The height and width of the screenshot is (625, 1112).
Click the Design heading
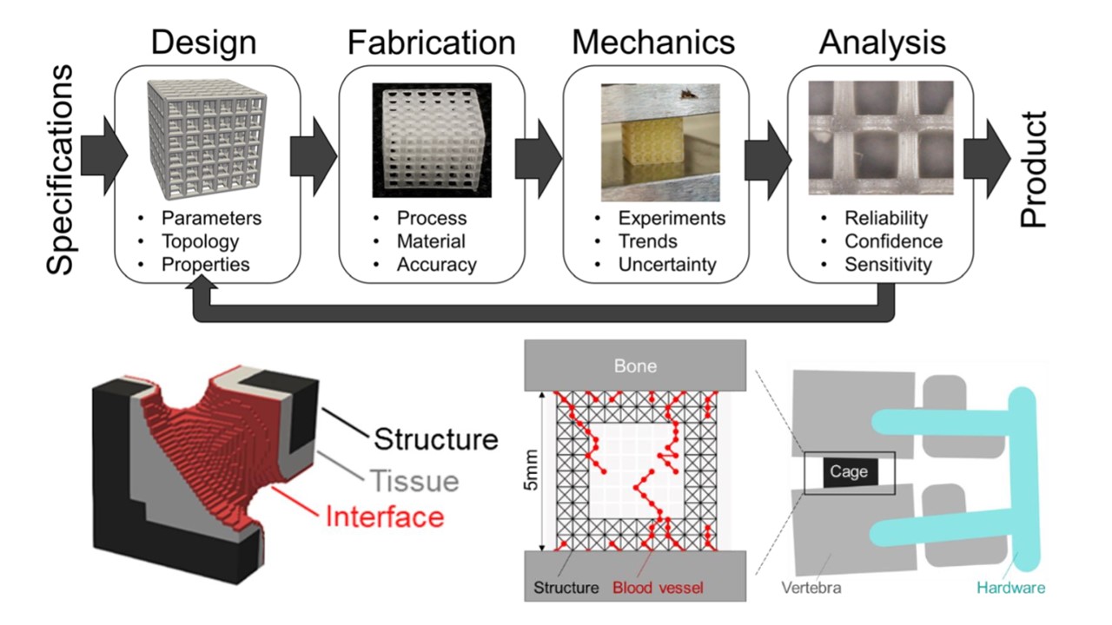tap(204, 42)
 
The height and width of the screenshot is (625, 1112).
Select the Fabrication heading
tap(432, 42)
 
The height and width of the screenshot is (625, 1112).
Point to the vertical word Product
tap(1034, 168)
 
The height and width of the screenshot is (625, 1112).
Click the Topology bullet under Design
tap(199, 241)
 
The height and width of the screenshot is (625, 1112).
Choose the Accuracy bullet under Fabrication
tap(436, 265)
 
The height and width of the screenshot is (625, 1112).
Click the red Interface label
tap(384, 517)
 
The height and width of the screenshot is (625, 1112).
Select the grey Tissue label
tap(414, 480)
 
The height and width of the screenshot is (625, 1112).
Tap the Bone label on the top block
tap(635, 365)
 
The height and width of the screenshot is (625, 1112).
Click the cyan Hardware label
tap(1010, 588)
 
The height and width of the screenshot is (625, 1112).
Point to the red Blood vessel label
tap(658, 588)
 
